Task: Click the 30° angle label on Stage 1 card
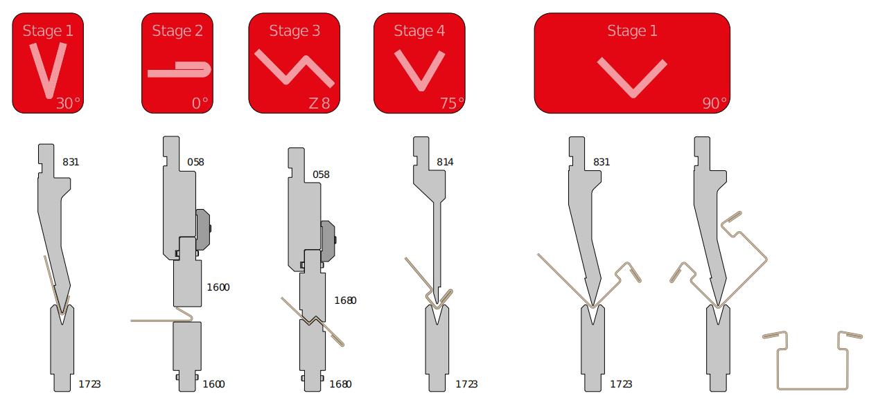pos(68,103)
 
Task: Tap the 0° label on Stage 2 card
pos(200,103)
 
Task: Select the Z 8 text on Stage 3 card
pos(319,103)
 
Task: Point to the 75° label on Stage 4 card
pos(451,103)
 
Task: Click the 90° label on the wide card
pos(714,103)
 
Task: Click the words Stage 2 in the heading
pos(177,30)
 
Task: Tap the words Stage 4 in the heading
pos(419,30)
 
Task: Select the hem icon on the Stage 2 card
pos(179,70)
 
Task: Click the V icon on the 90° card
pos(632,76)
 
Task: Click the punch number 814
pos(445,162)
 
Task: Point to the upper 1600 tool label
pos(218,287)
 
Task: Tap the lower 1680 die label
pos(340,384)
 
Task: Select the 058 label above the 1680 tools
pos(321,174)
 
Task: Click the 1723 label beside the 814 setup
pos(466,384)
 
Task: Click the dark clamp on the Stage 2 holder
pos(204,228)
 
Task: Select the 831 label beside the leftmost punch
pos(71,162)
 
